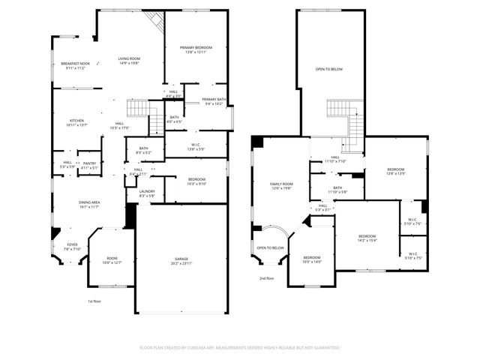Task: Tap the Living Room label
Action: (x=129, y=58)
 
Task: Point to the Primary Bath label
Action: (x=214, y=99)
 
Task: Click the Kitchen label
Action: (x=77, y=120)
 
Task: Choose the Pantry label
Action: (x=89, y=163)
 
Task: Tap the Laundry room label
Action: (x=146, y=191)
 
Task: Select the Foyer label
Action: (x=73, y=244)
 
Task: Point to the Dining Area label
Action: (x=89, y=202)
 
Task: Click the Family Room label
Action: (x=281, y=184)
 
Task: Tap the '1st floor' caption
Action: (x=94, y=301)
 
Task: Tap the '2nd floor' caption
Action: (x=266, y=277)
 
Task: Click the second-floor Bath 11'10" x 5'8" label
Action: (x=337, y=190)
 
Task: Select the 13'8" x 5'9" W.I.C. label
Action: (x=195, y=148)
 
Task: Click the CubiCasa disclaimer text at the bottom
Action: (x=239, y=348)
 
